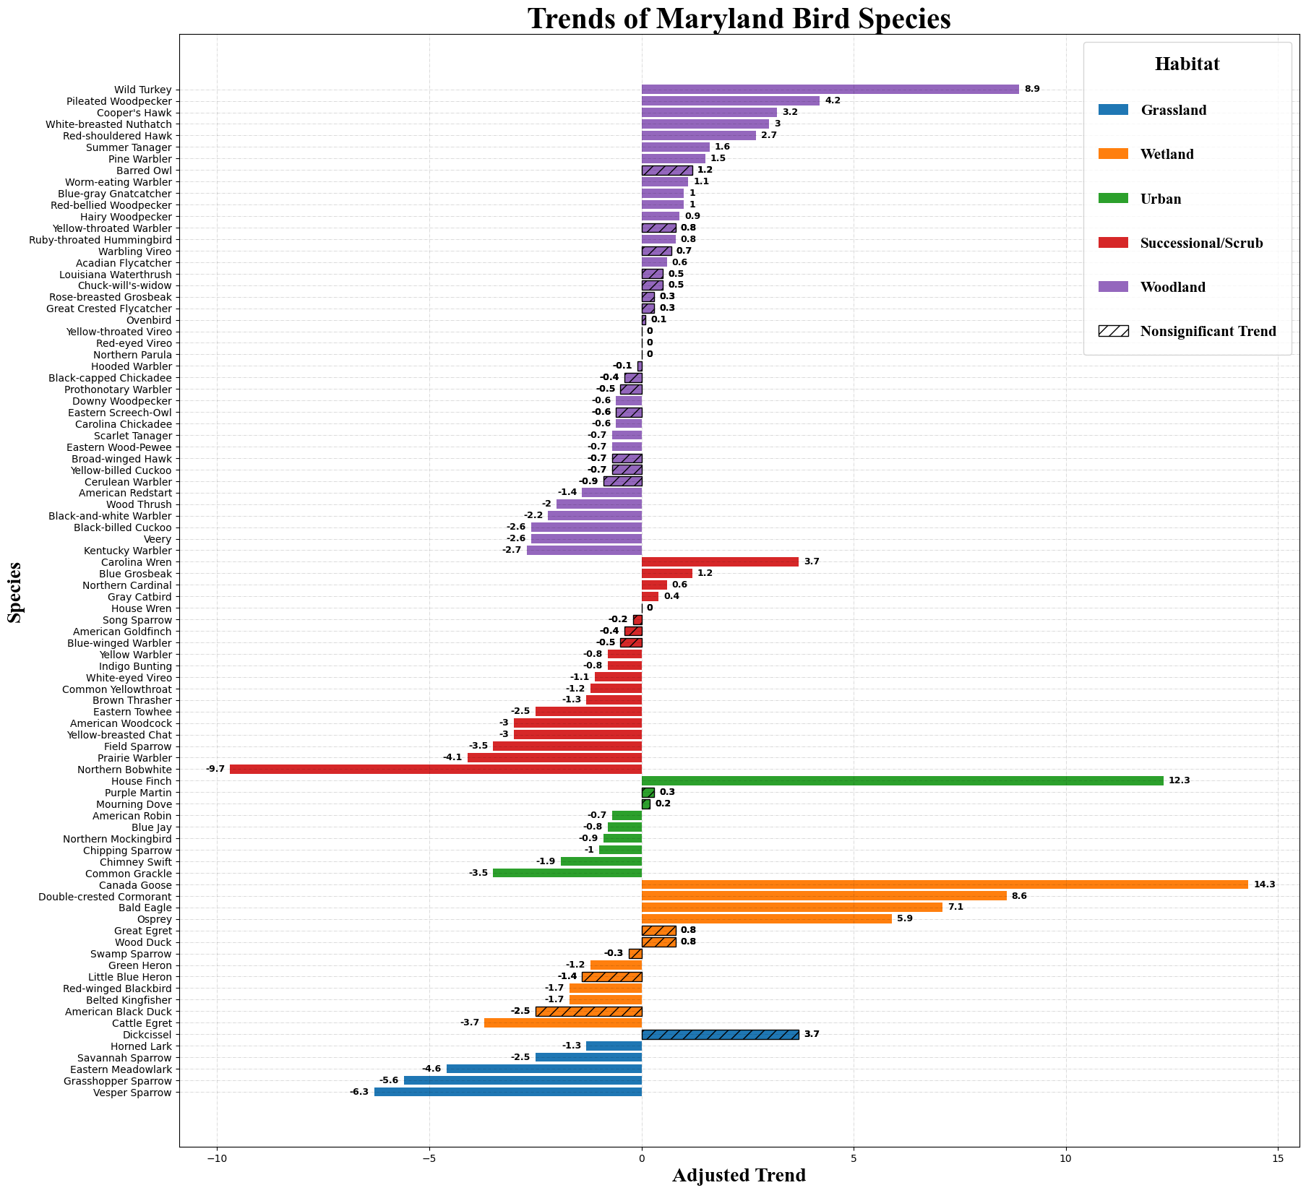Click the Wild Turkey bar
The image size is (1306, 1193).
point(830,90)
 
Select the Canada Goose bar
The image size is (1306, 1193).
point(944,884)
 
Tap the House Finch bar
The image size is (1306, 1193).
point(902,780)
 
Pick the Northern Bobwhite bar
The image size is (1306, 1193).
point(435,769)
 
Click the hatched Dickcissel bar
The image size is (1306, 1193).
point(720,1035)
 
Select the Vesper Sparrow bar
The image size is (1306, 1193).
point(507,1093)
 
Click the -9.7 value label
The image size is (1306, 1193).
point(215,769)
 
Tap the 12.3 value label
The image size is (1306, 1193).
point(1179,780)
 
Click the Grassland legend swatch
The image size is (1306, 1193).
point(1112,110)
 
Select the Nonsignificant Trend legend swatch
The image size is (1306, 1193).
point(1112,331)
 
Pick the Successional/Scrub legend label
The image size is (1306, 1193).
point(1201,243)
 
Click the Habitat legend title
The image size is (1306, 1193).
point(1187,64)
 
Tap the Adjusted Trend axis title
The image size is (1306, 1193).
point(739,1176)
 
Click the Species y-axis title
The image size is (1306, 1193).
point(14,592)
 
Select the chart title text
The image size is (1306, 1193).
point(739,19)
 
